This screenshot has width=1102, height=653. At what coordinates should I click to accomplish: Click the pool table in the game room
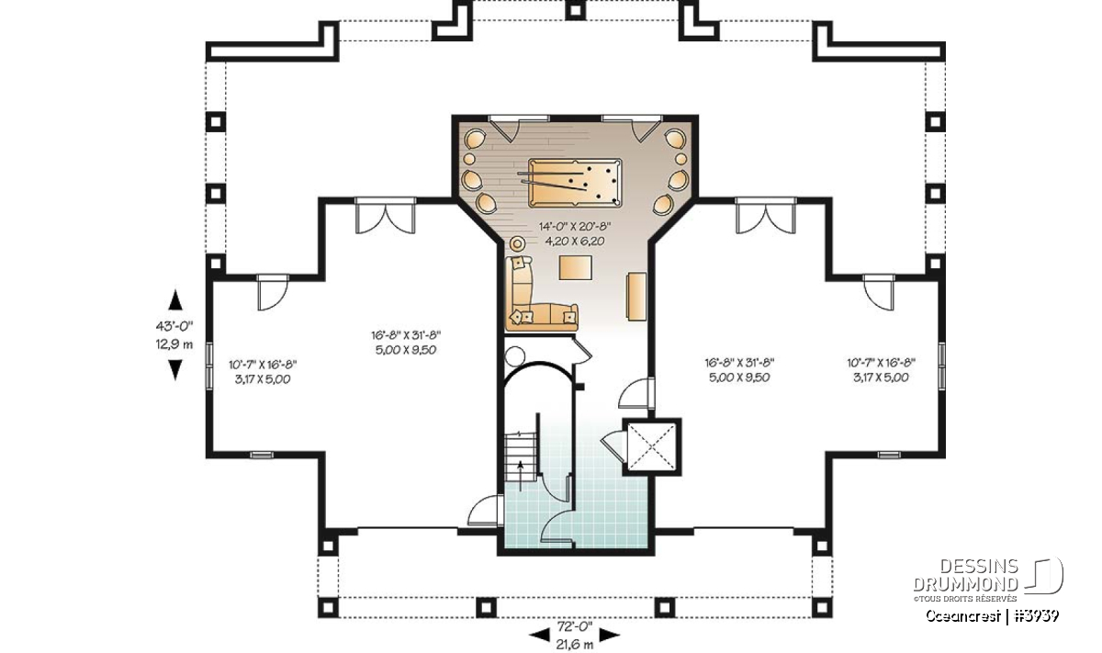click(575, 183)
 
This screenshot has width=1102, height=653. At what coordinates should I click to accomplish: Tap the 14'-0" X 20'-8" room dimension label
click(575, 226)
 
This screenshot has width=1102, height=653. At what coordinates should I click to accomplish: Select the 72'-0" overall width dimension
click(575, 626)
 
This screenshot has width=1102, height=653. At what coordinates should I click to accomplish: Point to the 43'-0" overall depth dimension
click(174, 326)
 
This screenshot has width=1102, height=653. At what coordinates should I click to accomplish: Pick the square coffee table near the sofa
click(575, 267)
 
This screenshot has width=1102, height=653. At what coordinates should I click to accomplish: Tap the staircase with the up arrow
click(520, 457)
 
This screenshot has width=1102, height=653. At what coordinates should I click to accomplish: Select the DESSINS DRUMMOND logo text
click(966, 575)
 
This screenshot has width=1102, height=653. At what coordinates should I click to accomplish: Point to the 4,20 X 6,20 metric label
click(575, 242)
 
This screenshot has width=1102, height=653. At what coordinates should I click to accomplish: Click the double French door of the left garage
click(386, 217)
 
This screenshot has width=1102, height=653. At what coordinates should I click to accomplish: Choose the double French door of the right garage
click(766, 217)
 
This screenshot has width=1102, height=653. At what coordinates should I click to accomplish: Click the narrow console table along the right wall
click(635, 297)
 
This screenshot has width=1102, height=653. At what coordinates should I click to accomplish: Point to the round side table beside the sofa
click(516, 243)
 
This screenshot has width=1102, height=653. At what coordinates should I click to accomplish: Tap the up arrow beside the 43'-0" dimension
click(175, 300)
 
